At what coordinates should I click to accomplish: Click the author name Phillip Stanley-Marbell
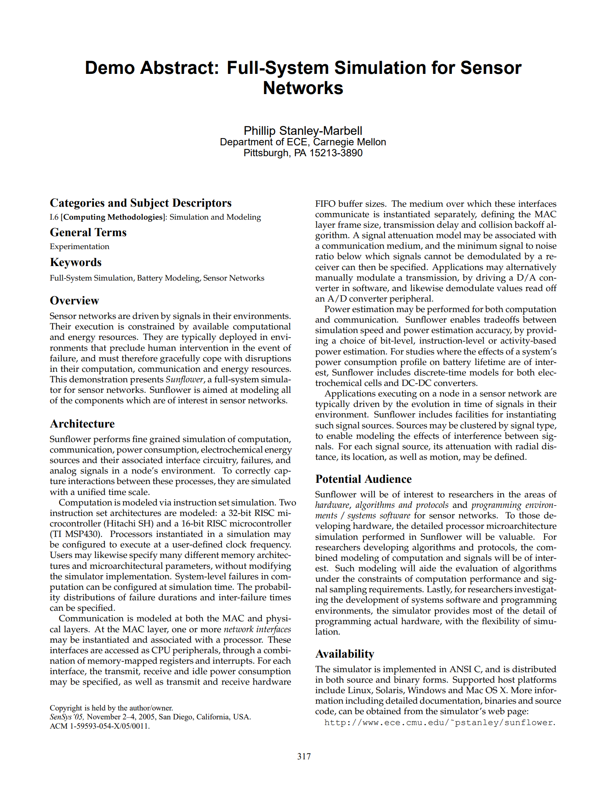click(x=303, y=131)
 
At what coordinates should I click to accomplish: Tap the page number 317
click(x=304, y=757)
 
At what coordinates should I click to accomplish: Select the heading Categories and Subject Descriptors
click(x=140, y=203)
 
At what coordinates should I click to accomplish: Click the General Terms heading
click(x=88, y=233)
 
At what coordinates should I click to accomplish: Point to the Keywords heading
click(x=75, y=262)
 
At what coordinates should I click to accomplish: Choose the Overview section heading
click(x=74, y=301)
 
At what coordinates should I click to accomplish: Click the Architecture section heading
click(x=82, y=424)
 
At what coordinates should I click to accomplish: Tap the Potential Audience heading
click(x=363, y=479)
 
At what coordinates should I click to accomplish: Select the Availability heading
click(x=345, y=654)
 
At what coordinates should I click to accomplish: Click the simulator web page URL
click(x=440, y=723)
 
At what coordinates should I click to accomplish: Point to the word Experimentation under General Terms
click(x=79, y=247)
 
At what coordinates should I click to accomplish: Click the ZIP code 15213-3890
click(x=336, y=153)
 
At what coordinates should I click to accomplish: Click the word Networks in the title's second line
click(x=303, y=88)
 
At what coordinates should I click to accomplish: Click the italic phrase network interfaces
click(x=257, y=629)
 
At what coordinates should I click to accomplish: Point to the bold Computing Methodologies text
click(x=113, y=217)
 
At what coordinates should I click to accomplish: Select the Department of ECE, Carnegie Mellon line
click(x=303, y=142)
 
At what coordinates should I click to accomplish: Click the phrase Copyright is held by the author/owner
click(x=111, y=708)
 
